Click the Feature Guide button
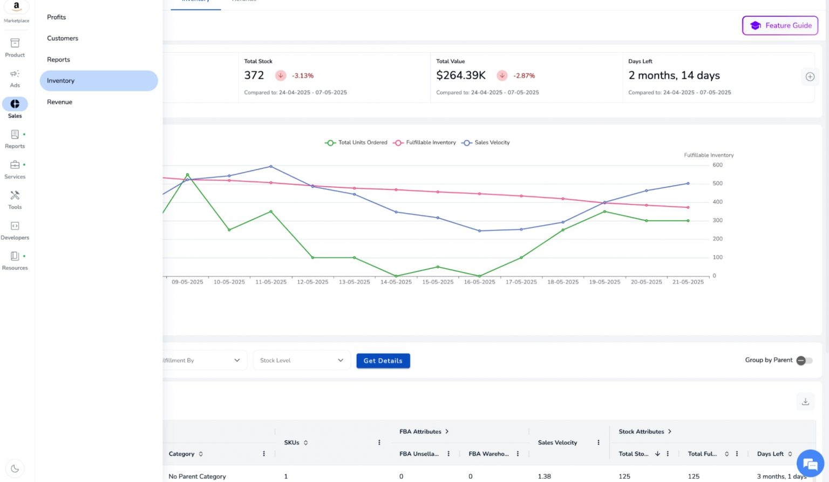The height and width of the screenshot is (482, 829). click(780, 25)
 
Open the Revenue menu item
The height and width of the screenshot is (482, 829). click(59, 102)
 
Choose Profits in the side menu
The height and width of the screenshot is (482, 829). click(56, 17)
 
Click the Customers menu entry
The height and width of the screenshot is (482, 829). click(63, 38)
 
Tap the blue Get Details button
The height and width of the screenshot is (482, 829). click(383, 361)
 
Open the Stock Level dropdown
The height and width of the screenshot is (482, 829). click(301, 361)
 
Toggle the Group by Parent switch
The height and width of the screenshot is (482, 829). click(804, 361)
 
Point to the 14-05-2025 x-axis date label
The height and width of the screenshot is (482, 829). click(396, 282)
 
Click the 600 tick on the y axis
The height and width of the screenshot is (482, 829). click(717, 165)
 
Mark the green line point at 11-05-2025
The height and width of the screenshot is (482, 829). click(271, 212)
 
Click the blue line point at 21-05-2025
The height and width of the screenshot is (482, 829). click(688, 184)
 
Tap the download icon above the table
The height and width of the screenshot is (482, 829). click(805, 402)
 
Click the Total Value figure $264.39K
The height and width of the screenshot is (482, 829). click(461, 76)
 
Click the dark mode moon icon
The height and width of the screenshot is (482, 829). click(15, 469)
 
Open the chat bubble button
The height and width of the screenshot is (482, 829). click(810, 464)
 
